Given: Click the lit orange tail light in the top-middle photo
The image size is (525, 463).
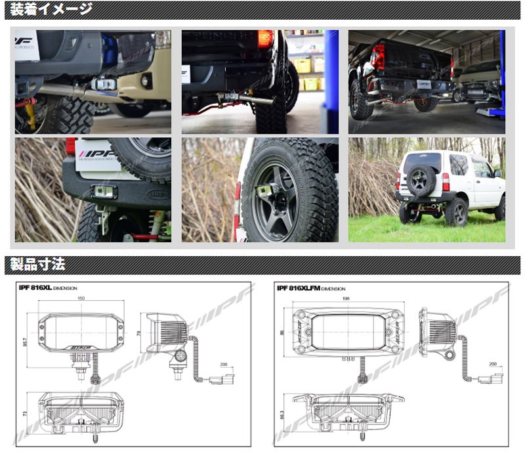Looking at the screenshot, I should [265, 39].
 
